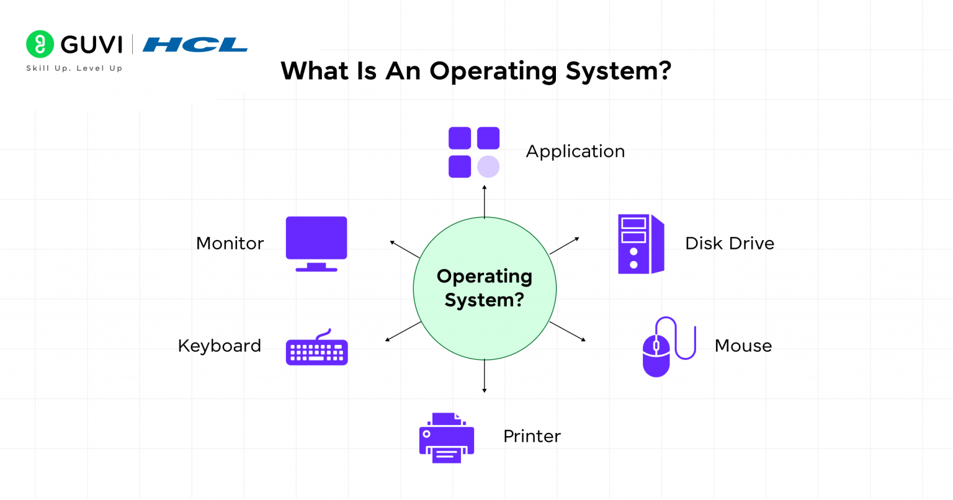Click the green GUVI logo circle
pyautogui.click(x=40, y=44)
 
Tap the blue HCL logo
pyautogui.click(x=195, y=45)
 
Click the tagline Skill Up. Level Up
pyautogui.click(x=74, y=68)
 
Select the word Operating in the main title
pyautogui.click(x=493, y=71)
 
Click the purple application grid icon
pyautogui.click(x=474, y=153)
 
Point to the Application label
pyautogui.click(x=575, y=151)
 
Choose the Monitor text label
pyautogui.click(x=230, y=243)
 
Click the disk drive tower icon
pyautogui.click(x=641, y=244)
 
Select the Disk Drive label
pyautogui.click(x=730, y=243)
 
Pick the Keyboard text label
pyautogui.click(x=219, y=346)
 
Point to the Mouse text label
pyautogui.click(x=743, y=346)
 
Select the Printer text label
pyautogui.click(x=532, y=436)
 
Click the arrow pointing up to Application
pyautogui.click(x=485, y=202)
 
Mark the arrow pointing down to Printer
pyautogui.click(x=485, y=376)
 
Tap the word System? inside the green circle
pyautogui.click(x=485, y=300)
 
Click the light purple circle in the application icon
pyautogui.click(x=488, y=167)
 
